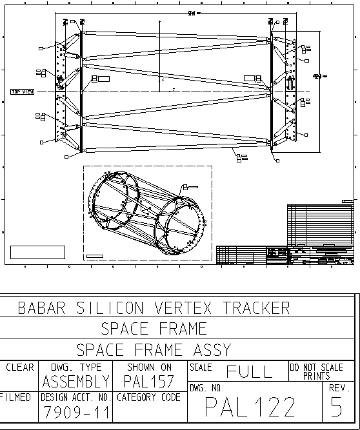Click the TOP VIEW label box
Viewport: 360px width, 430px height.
(23, 92)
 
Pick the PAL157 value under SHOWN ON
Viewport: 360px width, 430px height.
(149, 381)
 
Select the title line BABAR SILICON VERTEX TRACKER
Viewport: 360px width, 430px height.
(154, 308)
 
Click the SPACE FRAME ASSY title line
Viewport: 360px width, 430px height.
(154, 349)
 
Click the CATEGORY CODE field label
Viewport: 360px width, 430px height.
(148, 398)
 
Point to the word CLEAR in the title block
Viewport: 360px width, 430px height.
(19, 367)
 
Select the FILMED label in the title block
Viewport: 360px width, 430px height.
(15, 398)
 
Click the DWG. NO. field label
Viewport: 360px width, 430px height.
(206, 388)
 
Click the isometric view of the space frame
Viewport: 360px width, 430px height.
(148, 213)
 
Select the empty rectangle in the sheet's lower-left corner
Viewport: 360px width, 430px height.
(37, 252)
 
